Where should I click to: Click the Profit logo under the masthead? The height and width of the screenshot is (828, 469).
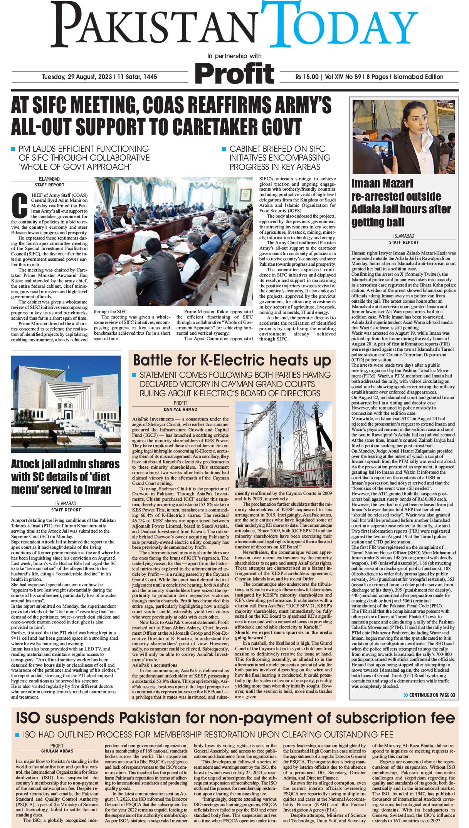(235, 72)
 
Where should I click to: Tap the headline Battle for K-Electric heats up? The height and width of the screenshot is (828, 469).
(232, 360)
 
